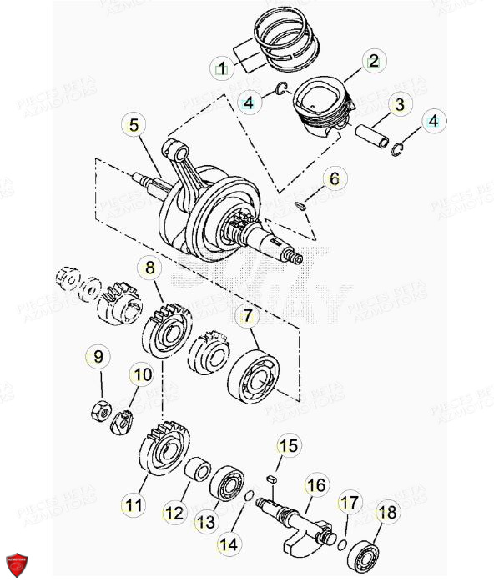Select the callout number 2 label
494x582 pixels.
373,60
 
